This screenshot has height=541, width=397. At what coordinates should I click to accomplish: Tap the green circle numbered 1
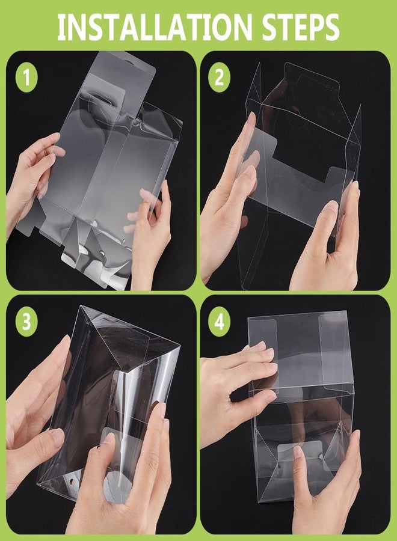[26, 78]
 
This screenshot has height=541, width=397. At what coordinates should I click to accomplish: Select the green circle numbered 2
[220, 78]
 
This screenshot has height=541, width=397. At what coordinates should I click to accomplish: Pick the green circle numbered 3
[26, 322]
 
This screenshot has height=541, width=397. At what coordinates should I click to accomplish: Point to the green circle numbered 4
[220, 322]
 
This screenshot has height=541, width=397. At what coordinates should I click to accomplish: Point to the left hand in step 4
[235, 385]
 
